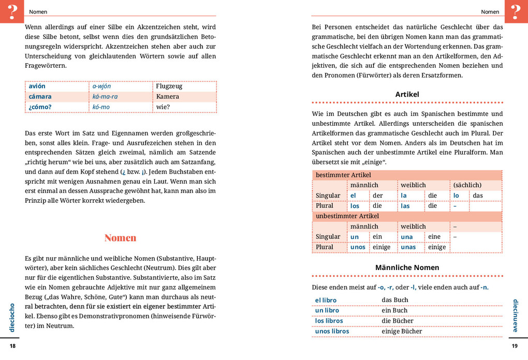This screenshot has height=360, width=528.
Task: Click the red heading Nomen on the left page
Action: (120, 238)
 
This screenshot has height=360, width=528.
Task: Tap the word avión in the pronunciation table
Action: (37, 86)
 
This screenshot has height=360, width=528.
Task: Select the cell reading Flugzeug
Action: (169, 86)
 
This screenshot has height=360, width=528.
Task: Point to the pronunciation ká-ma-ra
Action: (105, 97)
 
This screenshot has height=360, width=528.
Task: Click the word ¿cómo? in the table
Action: (40, 107)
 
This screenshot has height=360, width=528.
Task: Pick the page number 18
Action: (13, 346)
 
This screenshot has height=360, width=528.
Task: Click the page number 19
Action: (514, 346)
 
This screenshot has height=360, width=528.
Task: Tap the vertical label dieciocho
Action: (12, 318)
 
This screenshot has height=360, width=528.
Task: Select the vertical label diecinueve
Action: (515, 315)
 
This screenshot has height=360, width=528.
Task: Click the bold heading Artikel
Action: (407, 95)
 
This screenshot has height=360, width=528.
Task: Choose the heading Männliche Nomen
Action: (407, 267)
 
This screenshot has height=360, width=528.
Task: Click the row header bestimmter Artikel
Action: (340, 175)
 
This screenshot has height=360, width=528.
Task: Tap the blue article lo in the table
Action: (456, 196)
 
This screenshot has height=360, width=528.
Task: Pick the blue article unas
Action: (408, 247)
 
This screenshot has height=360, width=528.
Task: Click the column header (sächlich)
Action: (467, 185)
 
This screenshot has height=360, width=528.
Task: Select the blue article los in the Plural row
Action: (355, 206)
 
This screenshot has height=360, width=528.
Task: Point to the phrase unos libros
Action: (332, 332)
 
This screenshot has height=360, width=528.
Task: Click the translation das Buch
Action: (395, 300)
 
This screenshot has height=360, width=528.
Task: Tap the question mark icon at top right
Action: (516, 11)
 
